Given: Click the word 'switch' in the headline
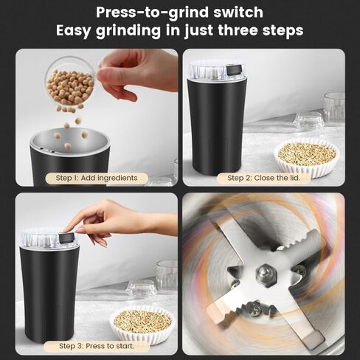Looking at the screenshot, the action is click(238, 12).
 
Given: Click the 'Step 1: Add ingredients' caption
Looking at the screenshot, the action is click(97, 178).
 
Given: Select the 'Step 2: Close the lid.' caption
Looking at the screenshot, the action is click(263, 178).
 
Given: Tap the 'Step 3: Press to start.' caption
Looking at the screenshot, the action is click(97, 346).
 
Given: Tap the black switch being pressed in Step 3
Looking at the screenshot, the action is click(67, 238).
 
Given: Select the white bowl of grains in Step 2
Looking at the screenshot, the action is click(306, 157).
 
